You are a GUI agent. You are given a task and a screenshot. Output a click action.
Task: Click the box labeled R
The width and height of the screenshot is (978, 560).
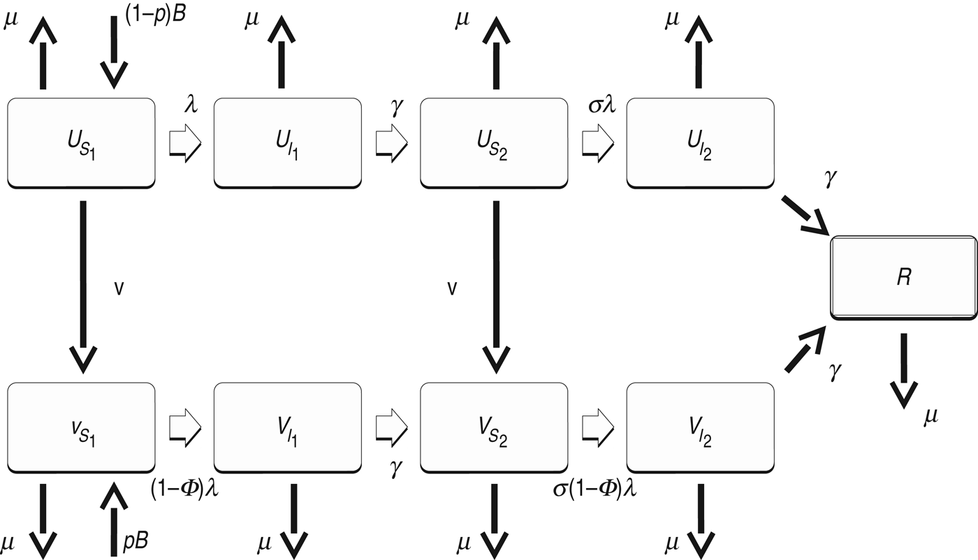tap(903, 278)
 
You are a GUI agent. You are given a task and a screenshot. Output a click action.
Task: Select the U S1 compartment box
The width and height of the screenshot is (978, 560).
tap(81, 142)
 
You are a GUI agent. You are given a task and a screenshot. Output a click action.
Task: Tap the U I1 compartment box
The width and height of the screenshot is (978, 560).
tap(288, 142)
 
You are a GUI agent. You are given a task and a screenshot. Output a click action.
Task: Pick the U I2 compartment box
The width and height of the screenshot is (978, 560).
tap(701, 142)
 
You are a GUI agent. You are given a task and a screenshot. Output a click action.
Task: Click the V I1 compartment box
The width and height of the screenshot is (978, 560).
tap(288, 427)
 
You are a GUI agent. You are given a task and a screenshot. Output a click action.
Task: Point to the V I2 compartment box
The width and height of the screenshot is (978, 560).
tap(701, 427)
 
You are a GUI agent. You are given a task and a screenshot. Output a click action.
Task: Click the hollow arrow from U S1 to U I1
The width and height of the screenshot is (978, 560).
tap(185, 142)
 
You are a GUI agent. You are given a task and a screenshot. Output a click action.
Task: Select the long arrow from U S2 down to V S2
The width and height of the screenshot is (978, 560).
tap(496, 286)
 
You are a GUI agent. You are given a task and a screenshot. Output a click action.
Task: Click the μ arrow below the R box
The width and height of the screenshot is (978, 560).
tap(904, 370)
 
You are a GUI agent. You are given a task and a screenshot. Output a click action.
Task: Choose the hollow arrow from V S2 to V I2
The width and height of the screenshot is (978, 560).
tap(598, 426)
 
